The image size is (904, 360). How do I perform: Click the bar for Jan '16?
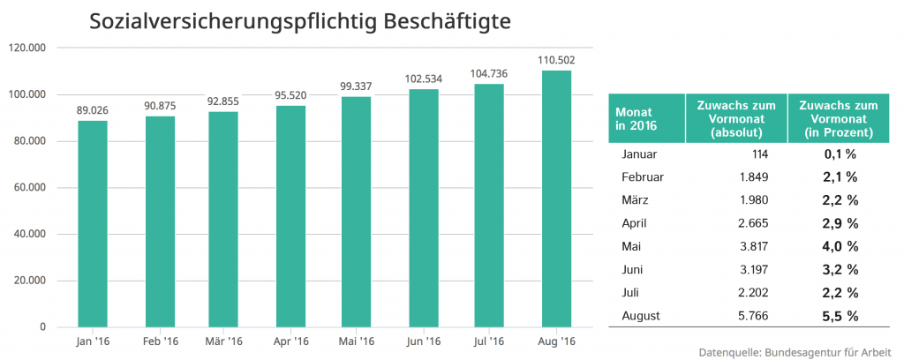pyautogui.click(x=93, y=224)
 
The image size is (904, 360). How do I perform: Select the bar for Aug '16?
pyautogui.click(x=556, y=199)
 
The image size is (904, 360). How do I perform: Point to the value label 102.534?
pyautogui.click(x=424, y=79)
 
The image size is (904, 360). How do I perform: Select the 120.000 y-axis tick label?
pyautogui.click(x=28, y=48)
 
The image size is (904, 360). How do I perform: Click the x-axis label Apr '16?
pyautogui.click(x=291, y=341)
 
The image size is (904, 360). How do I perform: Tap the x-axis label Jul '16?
pyautogui.click(x=490, y=341)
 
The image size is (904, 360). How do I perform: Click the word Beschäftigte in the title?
pyautogui.click(x=446, y=19)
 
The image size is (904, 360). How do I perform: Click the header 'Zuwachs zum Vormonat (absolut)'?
pyautogui.click(x=736, y=119)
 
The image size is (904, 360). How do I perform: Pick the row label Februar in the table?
pyautogui.click(x=643, y=176)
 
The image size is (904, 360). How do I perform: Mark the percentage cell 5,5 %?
pyautogui.click(x=839, y=315)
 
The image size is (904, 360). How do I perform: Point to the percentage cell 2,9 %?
pyautogui.click(x=839, y=223)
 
